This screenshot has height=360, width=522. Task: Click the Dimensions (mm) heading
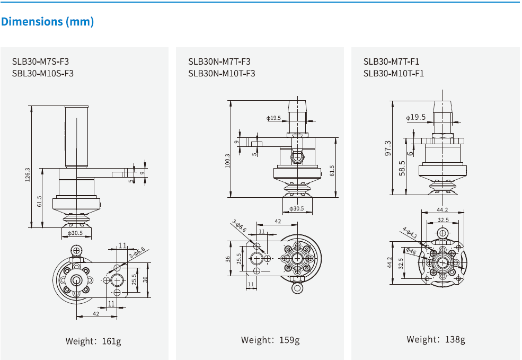48,22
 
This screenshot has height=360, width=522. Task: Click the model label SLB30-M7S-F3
40,62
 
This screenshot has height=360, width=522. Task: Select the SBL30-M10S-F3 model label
42,73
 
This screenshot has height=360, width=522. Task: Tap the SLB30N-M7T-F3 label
219,62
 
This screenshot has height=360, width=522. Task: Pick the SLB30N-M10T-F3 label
222,73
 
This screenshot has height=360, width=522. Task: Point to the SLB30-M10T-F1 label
394,73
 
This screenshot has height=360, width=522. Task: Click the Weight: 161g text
93,341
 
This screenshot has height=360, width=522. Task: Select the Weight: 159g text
270,340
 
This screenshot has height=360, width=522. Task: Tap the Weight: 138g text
436,339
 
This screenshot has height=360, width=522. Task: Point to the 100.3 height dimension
227,161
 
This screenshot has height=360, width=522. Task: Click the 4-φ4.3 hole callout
410,233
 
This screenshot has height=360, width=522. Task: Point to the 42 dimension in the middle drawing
278,222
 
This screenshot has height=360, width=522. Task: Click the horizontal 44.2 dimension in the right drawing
443,210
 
